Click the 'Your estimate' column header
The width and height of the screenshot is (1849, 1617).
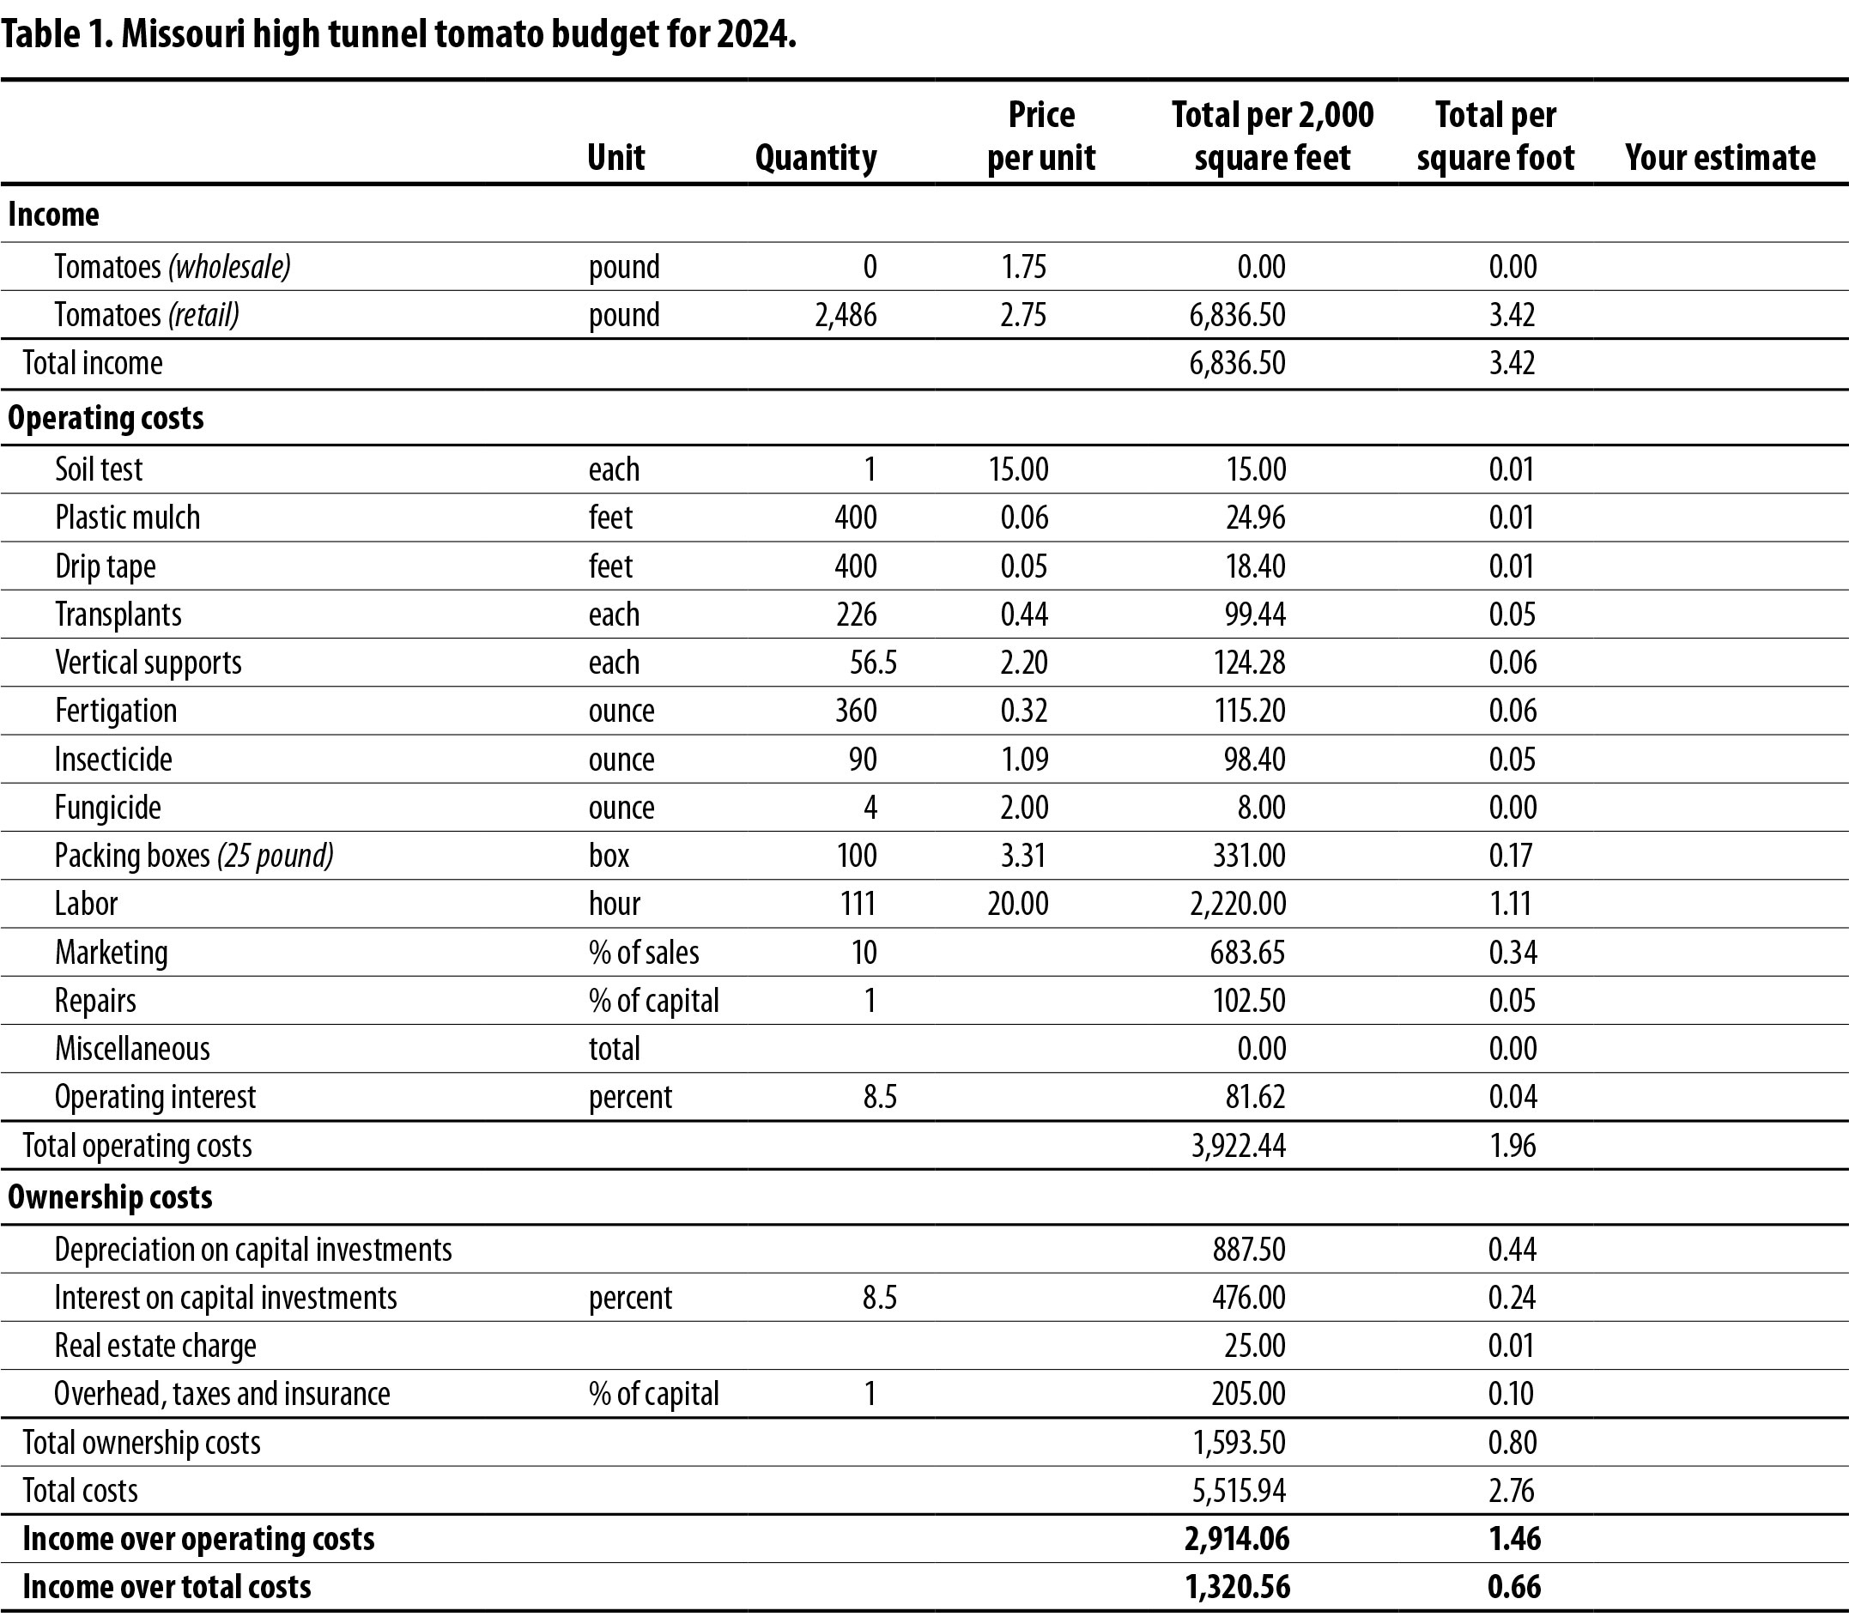(x=1720, y=157)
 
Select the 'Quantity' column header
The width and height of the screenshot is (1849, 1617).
(x=815, y=157)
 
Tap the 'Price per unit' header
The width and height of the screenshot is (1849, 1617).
(x=1041, y=136)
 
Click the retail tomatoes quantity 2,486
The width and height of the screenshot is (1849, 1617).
(x=846, y=315)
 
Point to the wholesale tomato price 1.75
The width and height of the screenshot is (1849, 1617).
(x=1023, y=267)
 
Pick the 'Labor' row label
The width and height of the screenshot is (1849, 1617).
(x=86, y=903)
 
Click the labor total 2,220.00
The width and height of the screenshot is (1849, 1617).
(x=1238, y=903)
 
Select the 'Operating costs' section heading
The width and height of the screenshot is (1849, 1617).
(x=106, y=418)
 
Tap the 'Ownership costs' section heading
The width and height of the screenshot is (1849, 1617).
(x=110, y=1197)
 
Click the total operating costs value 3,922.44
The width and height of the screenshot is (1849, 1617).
(x=1238, y=1145)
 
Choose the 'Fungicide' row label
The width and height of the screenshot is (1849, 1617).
(x=107, y=807)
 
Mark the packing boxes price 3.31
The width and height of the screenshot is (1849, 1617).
(x=1023, y=855)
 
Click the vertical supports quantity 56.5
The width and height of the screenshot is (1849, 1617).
(x=873, y=663)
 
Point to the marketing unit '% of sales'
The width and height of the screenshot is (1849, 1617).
(x=644, y=952)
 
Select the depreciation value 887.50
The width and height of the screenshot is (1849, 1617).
(x=1249, y=1249)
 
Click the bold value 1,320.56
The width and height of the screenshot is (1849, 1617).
(x=1237, y=1585)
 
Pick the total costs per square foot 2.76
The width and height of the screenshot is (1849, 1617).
(x=1512, y=1490)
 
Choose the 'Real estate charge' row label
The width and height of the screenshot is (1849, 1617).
(x=155, y=1346)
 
